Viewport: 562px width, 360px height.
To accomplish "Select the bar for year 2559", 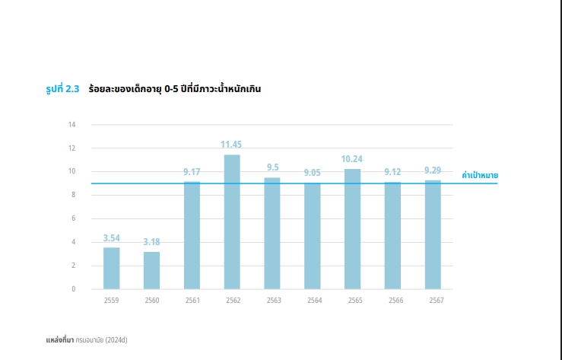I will pos(112,268).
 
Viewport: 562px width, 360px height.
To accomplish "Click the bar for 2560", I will pos(152,270).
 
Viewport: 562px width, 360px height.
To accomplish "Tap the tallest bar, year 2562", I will pos(232,221).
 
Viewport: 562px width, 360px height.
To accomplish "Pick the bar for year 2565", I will pos(352,228).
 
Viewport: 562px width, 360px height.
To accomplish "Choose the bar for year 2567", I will pos(433,234).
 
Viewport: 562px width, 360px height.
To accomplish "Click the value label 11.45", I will pos(232,145).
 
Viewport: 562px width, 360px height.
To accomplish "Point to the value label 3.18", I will pos(152,242).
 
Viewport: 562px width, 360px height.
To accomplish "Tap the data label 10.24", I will pos(352,159).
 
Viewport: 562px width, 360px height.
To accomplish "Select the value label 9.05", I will pos(313,173).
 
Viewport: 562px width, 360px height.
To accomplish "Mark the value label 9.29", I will pos(433,170).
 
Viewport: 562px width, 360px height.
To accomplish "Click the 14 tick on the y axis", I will pos(72,125).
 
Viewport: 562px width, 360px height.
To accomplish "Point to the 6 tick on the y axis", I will pos(73,218).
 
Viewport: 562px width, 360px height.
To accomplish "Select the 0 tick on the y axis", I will pos(73,289).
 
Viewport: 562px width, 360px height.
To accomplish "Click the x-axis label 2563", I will pos(272,301).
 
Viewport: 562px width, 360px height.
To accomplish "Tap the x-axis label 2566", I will pos(392,301).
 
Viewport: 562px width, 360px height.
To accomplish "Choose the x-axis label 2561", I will pos(192,301).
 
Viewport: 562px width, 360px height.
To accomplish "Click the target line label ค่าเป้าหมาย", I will pos(480,176).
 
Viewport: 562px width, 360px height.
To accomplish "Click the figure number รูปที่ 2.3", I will pos(63,89).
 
